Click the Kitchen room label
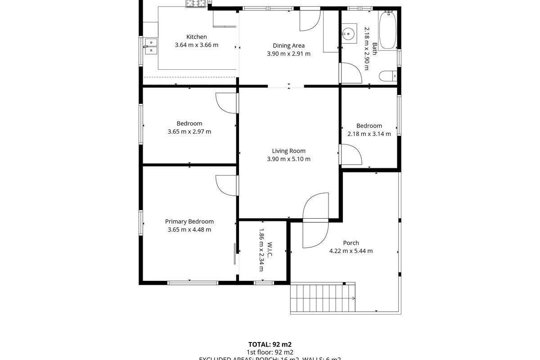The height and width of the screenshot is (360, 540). point(197,37)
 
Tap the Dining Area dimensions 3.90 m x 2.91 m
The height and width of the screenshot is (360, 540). point(288,54)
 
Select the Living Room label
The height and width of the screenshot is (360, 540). point(288,151)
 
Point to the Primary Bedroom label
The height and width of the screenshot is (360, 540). point(189,221)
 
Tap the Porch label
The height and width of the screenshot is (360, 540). point(351,243)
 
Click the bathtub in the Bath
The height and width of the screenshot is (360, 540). point(387,31)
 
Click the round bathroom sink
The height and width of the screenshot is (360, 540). point(348,33)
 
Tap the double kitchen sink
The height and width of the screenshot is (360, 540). point(150,46)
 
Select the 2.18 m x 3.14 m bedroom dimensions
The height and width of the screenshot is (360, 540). point(369,134)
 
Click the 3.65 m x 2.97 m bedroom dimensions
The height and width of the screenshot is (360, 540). point(189,132)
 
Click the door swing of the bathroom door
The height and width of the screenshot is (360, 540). point(351,73)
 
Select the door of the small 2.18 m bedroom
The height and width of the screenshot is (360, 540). point(351,154)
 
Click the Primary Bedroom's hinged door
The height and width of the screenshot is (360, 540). point(227,185)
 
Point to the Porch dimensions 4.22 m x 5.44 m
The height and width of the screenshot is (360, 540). point(351,251)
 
